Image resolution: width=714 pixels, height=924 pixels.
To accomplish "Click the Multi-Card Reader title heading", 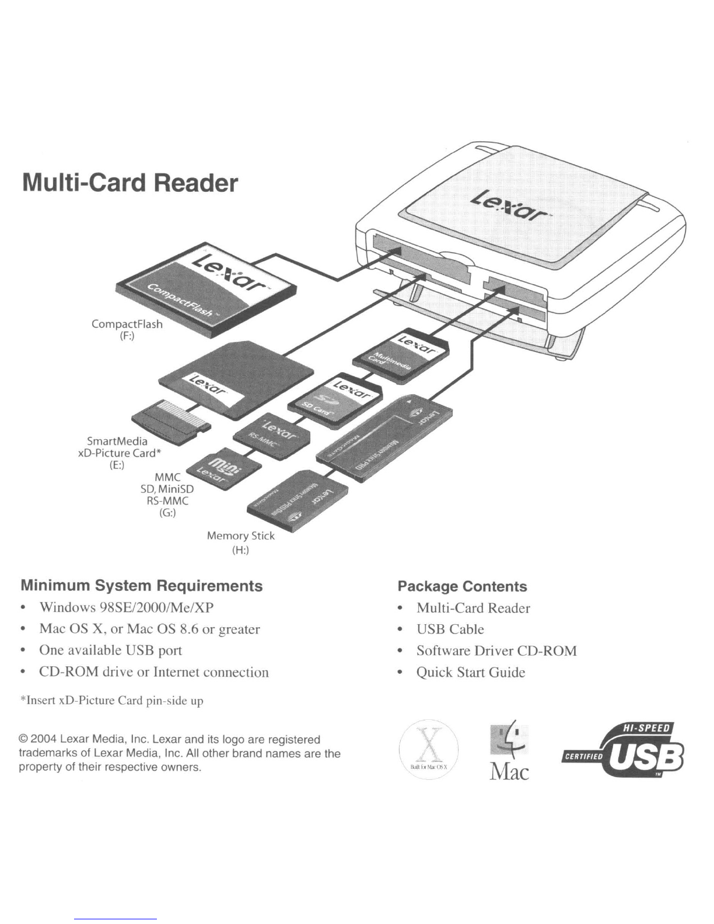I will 130,183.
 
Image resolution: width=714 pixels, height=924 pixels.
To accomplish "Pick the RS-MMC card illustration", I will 272,436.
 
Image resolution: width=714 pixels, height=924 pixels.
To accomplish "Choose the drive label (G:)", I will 167,513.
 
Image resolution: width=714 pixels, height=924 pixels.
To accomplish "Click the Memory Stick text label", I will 240,535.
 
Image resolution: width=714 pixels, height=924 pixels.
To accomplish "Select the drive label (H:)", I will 240,550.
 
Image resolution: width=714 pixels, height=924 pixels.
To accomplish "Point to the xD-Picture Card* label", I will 117,453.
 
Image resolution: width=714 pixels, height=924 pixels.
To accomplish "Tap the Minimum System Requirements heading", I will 142,586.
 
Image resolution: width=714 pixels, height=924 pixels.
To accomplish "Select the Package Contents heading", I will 462,586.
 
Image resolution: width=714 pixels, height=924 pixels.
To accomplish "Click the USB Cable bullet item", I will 450,629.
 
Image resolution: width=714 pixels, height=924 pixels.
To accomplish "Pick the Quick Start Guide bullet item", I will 470,673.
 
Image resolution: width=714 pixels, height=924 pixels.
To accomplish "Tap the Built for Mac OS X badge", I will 429,749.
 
